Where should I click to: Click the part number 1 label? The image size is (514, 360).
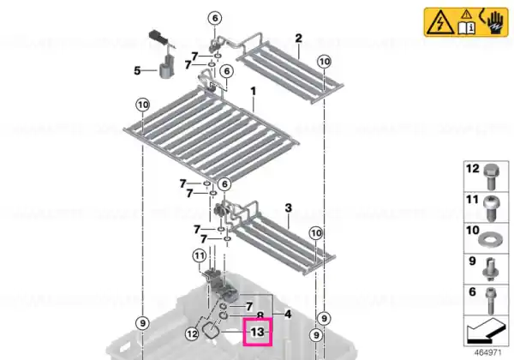pos(253,91)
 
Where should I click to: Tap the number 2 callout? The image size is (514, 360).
pos(298,39)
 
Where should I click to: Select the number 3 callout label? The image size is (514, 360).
pos(288,207)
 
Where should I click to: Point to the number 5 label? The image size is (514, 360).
pos(137,70)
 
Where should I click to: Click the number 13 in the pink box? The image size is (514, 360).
pos(257,332)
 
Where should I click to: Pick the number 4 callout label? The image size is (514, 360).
pos(288,315)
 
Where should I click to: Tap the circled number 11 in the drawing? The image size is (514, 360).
pos(200,255)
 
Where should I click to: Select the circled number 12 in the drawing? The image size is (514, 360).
pos(192,334)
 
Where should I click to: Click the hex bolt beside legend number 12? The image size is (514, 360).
pos(491,177)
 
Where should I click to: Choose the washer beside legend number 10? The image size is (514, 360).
pos(489,240)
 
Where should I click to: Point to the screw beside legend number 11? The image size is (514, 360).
pos(491,207)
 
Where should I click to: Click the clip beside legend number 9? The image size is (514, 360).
pos(489,269)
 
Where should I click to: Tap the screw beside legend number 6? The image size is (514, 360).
pos(490,300)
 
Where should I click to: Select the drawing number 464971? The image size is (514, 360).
pos(487,353)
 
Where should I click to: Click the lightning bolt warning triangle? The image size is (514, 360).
pos(440,22)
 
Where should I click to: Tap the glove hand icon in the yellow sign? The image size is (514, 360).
pos(494,21)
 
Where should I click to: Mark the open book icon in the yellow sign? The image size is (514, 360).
pos(467,27)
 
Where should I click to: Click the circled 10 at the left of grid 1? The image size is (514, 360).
pos(143,105)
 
